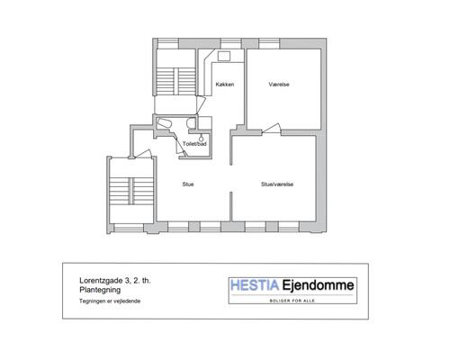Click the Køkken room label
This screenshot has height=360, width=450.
225,85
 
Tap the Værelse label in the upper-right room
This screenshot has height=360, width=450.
279,85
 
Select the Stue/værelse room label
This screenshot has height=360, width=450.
277,184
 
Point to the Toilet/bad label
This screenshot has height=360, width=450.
194,144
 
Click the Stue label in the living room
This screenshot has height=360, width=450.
188,184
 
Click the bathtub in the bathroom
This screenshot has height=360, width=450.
165,124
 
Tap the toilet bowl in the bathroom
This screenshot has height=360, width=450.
191,123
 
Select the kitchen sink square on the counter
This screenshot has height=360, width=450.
224,56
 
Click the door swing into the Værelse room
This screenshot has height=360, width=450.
272,129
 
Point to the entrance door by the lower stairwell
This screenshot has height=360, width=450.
143,154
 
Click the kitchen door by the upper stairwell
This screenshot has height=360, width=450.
201,104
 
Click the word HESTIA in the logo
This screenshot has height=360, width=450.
255,285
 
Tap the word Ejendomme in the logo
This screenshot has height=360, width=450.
318,285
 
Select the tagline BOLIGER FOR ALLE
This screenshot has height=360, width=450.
292,301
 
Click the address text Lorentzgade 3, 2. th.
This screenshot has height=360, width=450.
115,281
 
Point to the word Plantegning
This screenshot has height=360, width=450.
100,290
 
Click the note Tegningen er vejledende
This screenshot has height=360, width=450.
110,301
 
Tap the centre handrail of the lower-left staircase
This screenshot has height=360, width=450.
131,191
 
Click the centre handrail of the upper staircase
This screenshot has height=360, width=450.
176,81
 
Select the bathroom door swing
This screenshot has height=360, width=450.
181,148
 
